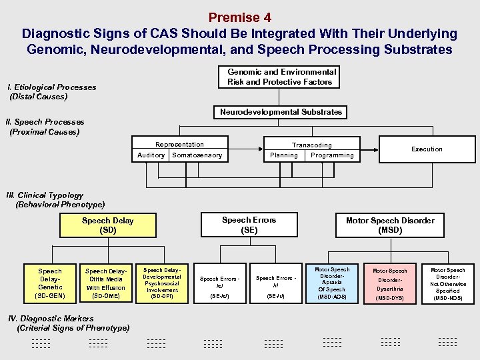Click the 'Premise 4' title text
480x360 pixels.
pos(239,17)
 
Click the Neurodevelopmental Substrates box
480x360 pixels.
pos(281,112)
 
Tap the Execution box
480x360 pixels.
pos(427,149)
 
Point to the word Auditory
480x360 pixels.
pos(151,155)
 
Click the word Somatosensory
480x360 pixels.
pos(197,155)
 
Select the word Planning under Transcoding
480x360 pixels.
pos(284,155)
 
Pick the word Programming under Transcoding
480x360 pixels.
pos(332,155)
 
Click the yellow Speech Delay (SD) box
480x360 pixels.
pos(107,225)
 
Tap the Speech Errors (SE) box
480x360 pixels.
pos(249,225)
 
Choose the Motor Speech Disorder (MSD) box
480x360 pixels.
pos(390,225)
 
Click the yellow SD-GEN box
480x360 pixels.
pos(50,283)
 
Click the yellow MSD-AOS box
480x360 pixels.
pos(331,283)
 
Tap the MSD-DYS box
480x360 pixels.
pos(389,283)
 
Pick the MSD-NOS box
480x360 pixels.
pos(448,283)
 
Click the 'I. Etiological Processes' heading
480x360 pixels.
pos(51,87)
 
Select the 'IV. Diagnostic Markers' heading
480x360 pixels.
pos(50,319)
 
